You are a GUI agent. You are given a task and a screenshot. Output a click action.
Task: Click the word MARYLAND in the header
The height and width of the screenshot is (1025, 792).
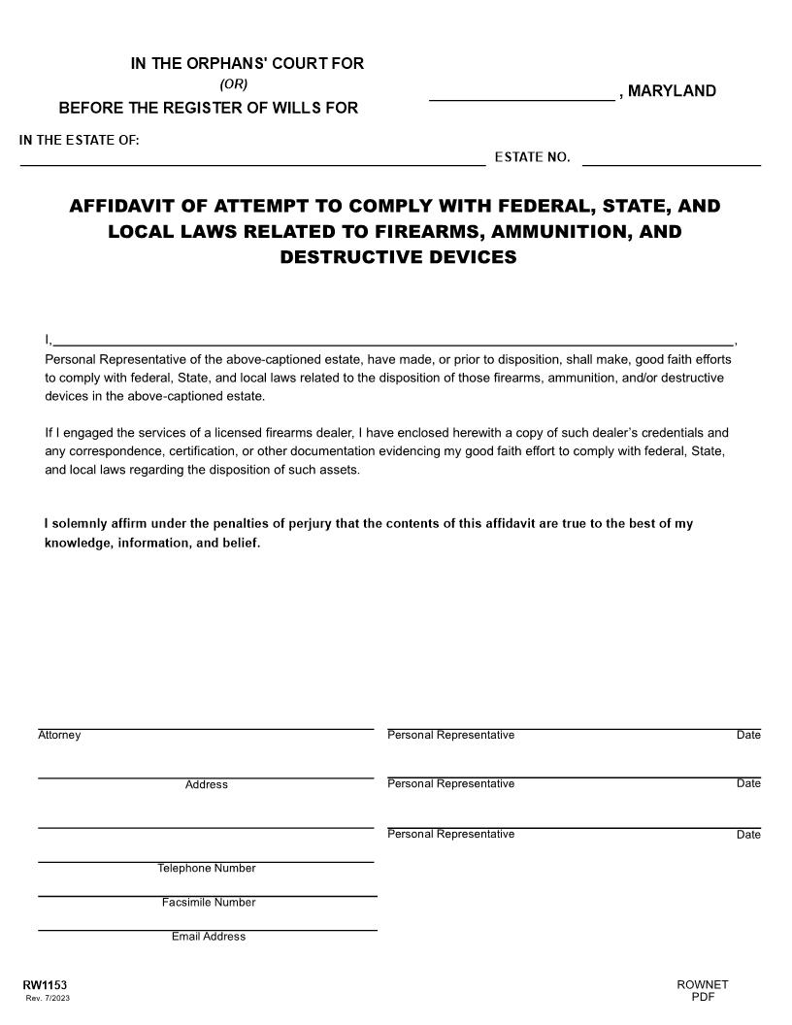(672, 91)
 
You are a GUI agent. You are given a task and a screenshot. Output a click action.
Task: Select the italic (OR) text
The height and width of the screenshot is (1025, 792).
(234, 84)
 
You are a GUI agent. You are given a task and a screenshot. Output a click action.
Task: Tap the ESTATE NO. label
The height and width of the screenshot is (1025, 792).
(532, 158)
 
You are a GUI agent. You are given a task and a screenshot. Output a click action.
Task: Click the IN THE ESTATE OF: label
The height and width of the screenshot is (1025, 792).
(80, 141)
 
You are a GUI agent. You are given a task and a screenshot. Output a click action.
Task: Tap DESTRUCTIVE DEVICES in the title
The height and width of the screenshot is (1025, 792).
(398, 257)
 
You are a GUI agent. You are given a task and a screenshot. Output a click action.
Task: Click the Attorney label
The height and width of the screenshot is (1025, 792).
(59, 736)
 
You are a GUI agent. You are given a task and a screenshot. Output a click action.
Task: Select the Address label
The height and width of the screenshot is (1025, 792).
(206, 784)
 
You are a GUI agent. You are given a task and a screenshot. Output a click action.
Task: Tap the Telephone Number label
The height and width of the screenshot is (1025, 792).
(207, 868)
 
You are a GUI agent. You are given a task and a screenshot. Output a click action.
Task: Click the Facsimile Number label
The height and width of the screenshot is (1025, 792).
(209, 903)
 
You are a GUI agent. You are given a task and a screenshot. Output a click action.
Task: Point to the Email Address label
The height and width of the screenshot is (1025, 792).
(209, 937)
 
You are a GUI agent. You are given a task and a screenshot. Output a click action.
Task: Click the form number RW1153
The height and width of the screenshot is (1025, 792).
(45, 985)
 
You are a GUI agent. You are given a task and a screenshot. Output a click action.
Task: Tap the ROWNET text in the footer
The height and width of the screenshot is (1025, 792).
(703, 985)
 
